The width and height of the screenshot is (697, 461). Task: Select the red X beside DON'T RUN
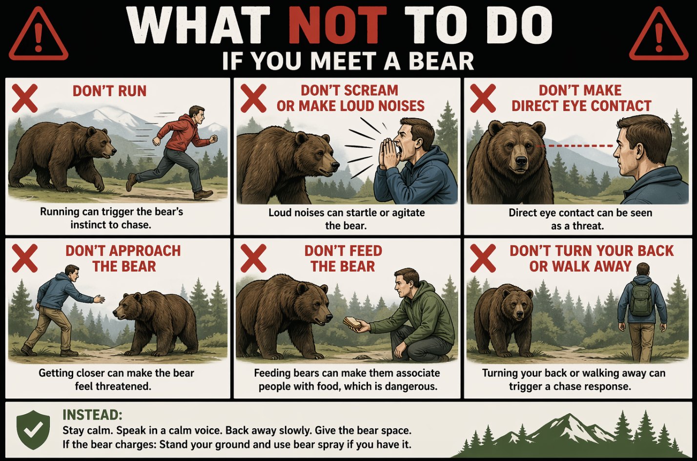(x=24, y=98)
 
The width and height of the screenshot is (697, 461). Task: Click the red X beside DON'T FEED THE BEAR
(x=254, y=258)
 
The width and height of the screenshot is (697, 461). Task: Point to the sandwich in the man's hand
(x=352, y=323)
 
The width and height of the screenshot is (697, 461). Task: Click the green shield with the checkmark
(x=33, y=430)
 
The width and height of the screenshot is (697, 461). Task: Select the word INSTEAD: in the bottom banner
(x=92, y=415)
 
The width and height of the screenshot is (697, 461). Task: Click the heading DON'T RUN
(x=109, y=91)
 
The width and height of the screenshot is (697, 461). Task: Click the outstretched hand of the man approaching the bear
(x=99, y=299)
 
